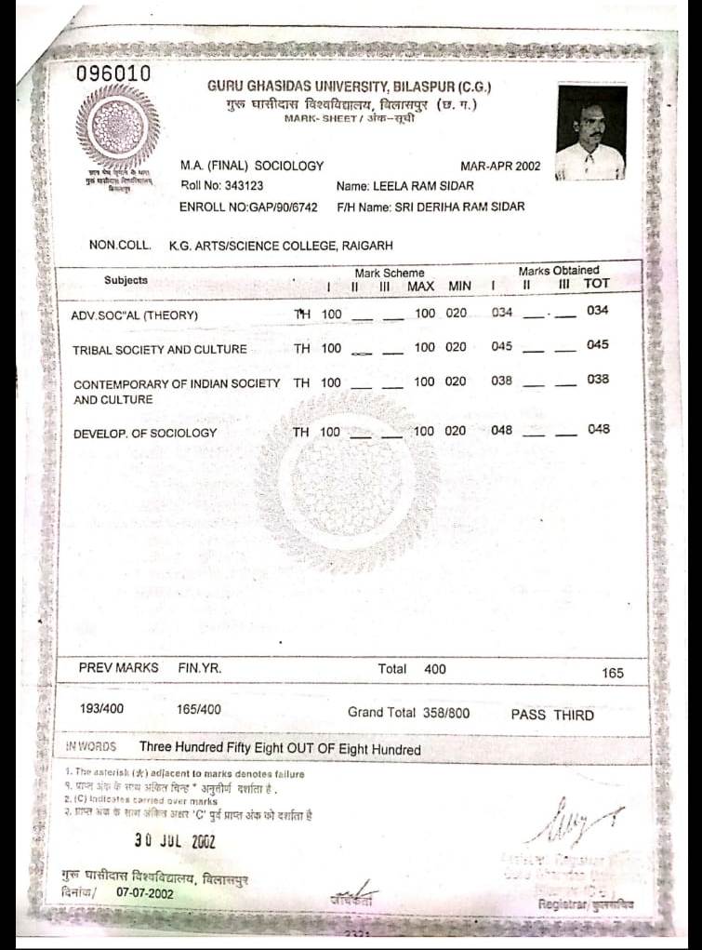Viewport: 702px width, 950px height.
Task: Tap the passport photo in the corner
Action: (x=590, y=131)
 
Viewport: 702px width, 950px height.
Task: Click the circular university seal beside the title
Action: (x=117, y=127)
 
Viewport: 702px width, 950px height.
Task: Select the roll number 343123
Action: (x=245, y=185)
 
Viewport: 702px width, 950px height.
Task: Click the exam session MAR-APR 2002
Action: (x=500, y=166)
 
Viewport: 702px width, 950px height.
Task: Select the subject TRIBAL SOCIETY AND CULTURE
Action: (x=160, y=350)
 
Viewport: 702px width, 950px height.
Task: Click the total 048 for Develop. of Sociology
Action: (x=598, y=430)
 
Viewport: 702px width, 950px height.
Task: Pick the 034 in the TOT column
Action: (x=598, y=311)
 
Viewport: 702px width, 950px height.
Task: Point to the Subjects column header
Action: (x=126, y=280)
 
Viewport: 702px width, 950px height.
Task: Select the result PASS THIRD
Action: (x=552, y=715)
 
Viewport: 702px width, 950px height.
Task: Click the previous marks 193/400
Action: (x=102, y=709)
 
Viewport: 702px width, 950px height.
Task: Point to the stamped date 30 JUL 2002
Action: (x=175, y=841)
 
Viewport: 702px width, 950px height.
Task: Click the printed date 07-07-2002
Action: (x=145, y=893)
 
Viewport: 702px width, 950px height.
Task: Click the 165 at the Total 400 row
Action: (x=613, y=673)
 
